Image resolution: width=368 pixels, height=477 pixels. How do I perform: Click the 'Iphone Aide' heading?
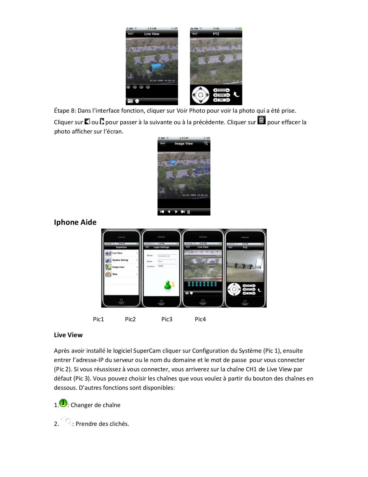tap(75, 222)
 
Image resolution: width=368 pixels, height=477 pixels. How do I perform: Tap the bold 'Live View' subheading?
tap(68, 335)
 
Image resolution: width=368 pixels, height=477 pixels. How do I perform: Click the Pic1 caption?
tap(98, 319)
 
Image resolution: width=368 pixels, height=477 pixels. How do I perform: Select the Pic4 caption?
tap(200, 319)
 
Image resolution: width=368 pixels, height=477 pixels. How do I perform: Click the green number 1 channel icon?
tap(63, 403)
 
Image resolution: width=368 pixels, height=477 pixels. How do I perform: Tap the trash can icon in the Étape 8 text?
tap(261, 120)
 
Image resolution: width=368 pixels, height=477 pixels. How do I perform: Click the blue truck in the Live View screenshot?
tap(156, 68)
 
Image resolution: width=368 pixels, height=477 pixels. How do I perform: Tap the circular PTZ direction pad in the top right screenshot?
tap(200, 95)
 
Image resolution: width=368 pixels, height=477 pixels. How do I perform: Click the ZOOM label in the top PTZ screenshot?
tap(221, 95)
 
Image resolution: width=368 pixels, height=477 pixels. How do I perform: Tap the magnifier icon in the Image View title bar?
tap(206, 143)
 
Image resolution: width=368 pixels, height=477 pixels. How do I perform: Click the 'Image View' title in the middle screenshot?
tap(184, 144)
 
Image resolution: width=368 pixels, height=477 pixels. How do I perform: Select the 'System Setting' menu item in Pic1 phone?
tap(120, 260)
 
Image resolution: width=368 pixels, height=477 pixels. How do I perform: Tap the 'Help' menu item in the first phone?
tap(115, 274)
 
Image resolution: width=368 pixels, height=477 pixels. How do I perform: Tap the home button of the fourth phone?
tap(245, 302)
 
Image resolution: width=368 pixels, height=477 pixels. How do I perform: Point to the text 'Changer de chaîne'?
tap(95, 405)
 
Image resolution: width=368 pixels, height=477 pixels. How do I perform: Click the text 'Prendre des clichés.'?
tap(102, 424)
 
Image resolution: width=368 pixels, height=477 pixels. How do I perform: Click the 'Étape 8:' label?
tap(65, 111)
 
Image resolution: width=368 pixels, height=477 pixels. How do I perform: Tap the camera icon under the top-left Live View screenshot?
tap(130, 101)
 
